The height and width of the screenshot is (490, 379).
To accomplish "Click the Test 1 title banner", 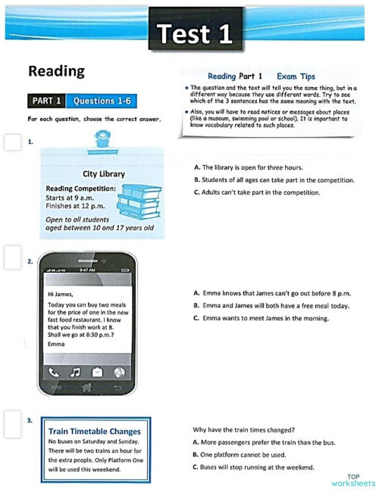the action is click(x=196, y=33).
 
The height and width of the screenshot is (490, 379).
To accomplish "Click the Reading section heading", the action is click(x=56, y=71).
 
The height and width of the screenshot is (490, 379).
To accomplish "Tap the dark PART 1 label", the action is click(x=46, y=101).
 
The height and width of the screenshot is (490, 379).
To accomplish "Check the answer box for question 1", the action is click(x=12, y=143).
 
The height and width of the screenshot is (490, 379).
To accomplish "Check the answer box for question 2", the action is click(x=12, y=259).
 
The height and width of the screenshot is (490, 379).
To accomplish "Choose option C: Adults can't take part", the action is click(x=256, y=192).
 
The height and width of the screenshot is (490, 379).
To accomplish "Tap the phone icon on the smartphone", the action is click(x=53, y=372).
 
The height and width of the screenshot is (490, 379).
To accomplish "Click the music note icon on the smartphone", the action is click(x=75, y=372).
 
